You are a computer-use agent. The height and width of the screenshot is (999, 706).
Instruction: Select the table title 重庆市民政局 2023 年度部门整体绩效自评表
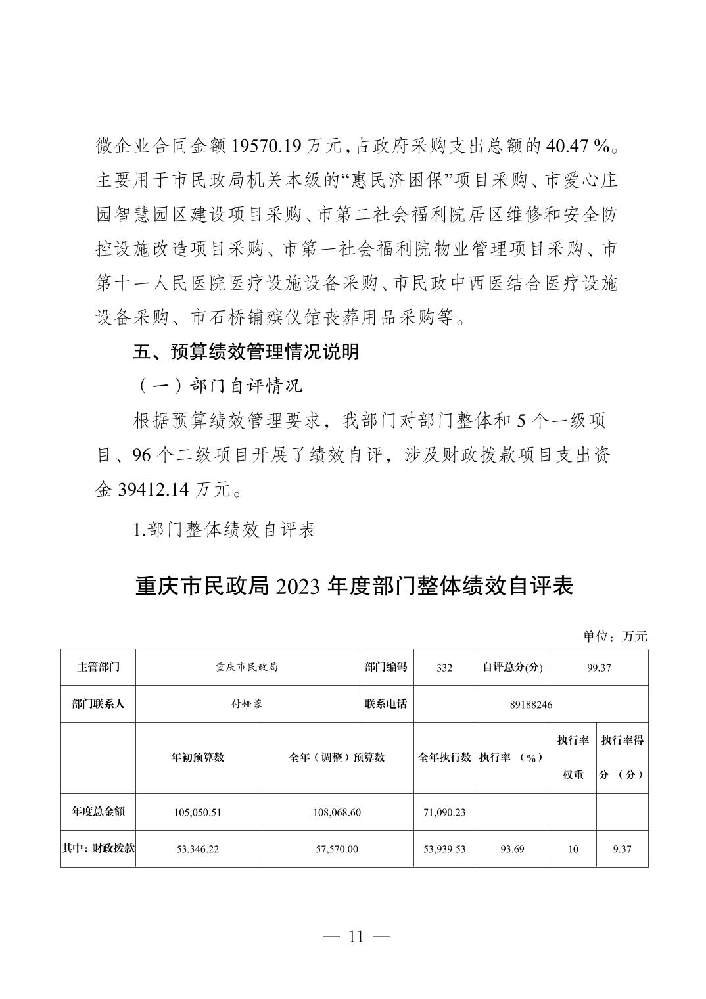(x=354, y=586)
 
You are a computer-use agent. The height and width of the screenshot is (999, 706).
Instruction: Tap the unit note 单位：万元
(x=615, y=636)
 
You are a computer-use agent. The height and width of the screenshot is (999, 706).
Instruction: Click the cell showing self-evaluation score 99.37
(x=599, y=668)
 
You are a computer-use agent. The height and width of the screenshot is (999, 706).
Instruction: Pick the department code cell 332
(x=444, y=668)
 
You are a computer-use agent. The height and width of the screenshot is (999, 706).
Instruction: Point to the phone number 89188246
(x=530, y=705)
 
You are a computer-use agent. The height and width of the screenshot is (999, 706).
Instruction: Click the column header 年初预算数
(x=198, y=757)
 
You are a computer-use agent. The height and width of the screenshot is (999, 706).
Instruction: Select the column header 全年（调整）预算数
(x=337, y=757)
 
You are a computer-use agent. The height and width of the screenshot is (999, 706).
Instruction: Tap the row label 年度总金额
(x=98, y=811)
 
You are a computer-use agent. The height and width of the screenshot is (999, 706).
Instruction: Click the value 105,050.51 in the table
(x=198, y=812)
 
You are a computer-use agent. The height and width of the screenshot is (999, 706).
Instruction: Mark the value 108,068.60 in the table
(x=337, y=812)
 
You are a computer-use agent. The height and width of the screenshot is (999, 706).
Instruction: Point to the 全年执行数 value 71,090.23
(x=444, y=812)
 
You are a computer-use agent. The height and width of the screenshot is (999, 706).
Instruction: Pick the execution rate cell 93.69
(x=511, y=849)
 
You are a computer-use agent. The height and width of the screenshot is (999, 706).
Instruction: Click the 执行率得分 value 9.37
(x=621, y=849)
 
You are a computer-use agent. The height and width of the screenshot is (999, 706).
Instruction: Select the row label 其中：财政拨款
(x=98, y=848)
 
